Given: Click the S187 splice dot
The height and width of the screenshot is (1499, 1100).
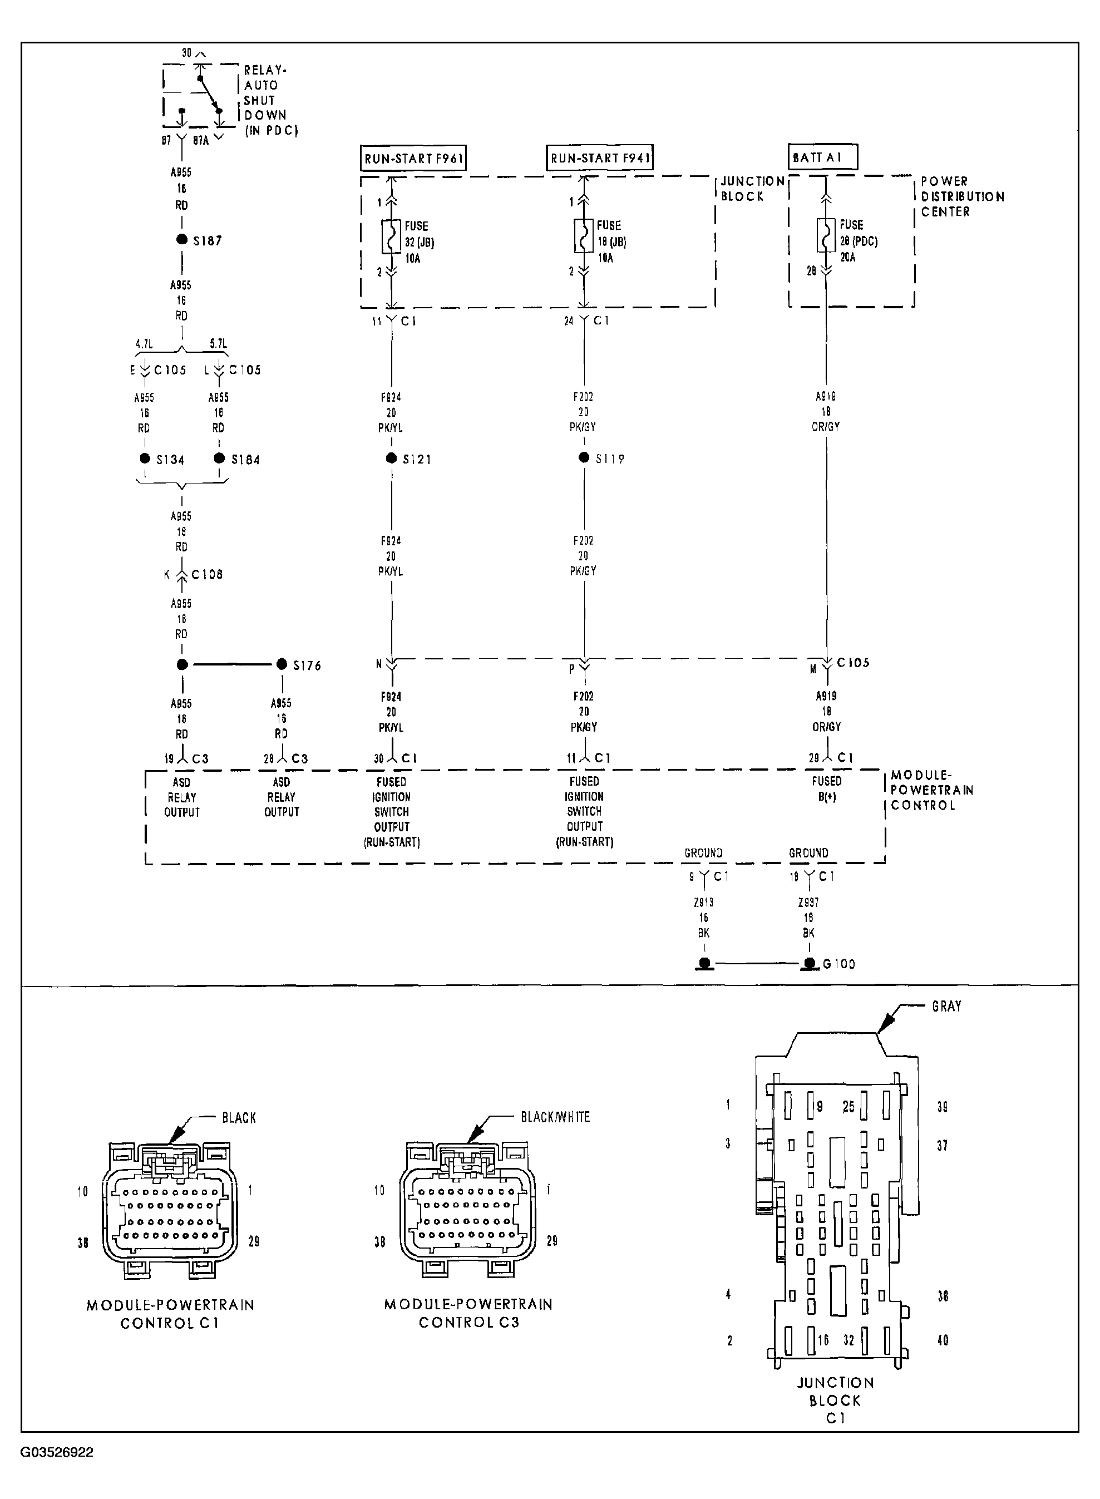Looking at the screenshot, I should (x=182, y=240).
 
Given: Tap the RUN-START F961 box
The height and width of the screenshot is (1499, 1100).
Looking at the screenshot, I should (x=413, y=159).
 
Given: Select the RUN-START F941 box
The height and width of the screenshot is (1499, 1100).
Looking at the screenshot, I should (x=599, y=158).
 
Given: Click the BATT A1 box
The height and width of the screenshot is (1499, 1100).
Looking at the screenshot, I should (x=822, y=157).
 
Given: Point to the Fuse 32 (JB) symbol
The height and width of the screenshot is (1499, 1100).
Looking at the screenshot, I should (x=391, y=236).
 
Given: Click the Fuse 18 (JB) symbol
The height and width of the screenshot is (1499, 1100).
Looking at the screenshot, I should (x=584, y=236).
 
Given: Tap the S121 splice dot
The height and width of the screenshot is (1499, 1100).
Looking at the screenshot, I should (x=392, y=458).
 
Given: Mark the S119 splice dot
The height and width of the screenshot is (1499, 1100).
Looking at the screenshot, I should (x=584, y=457).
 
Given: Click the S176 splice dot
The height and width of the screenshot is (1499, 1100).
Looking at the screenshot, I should (x=282, y=664).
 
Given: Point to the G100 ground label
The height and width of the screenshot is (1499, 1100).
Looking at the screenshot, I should (x=839, y=964).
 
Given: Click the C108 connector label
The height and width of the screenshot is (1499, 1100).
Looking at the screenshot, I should (x=206, y=574).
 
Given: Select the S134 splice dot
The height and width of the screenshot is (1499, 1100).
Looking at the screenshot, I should (x=145, y=458).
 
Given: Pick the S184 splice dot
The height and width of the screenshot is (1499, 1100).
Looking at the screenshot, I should (x=219, y=458).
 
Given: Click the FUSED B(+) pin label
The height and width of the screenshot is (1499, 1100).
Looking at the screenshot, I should (x=826, y=788).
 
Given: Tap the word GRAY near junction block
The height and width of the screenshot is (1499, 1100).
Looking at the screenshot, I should (x=946, y=1006).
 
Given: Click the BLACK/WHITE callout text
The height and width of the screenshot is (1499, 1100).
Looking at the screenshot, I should (x=555, y=1117).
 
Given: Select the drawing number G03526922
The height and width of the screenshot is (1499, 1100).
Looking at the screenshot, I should (x=57, y=1452).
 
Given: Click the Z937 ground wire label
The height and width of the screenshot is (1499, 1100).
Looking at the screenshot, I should (x=808, y=903).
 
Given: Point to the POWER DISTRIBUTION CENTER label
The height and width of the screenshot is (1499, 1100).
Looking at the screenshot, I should (x=961, y=196).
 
